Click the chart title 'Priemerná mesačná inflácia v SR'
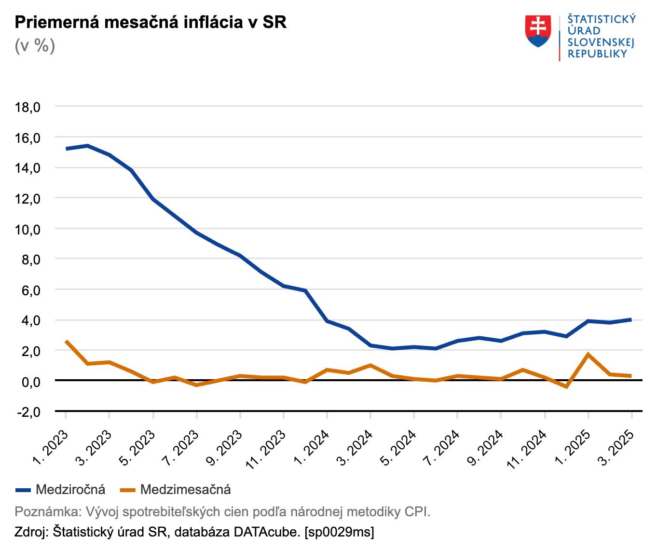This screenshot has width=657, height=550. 151,22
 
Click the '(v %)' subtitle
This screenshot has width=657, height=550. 35,45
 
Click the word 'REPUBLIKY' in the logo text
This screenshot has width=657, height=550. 597,54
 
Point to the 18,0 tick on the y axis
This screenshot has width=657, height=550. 27,107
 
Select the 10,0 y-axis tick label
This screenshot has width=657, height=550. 27,229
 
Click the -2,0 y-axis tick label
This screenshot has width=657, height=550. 27,412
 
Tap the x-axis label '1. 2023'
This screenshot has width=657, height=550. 51,448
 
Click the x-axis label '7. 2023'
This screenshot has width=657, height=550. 181,448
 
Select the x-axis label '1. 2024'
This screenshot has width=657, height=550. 312,448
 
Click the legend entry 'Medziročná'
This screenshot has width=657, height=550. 70,490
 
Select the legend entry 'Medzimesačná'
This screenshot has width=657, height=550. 185,490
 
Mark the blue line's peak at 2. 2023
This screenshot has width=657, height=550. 87,145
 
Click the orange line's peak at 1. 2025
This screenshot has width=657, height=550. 588,354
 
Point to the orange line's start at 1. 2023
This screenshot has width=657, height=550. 66,341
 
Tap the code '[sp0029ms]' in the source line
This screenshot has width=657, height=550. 339,532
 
